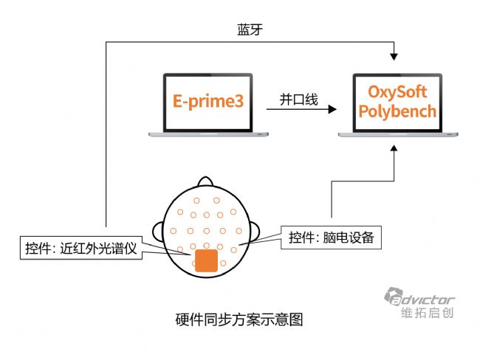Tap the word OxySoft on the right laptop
[398, 93]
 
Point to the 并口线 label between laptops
[298, 99]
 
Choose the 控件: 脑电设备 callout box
[332, 237]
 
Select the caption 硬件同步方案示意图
[239, 319]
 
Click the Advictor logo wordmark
[427, 300]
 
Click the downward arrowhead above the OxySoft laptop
[397, 57]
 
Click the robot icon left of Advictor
[393, 297]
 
